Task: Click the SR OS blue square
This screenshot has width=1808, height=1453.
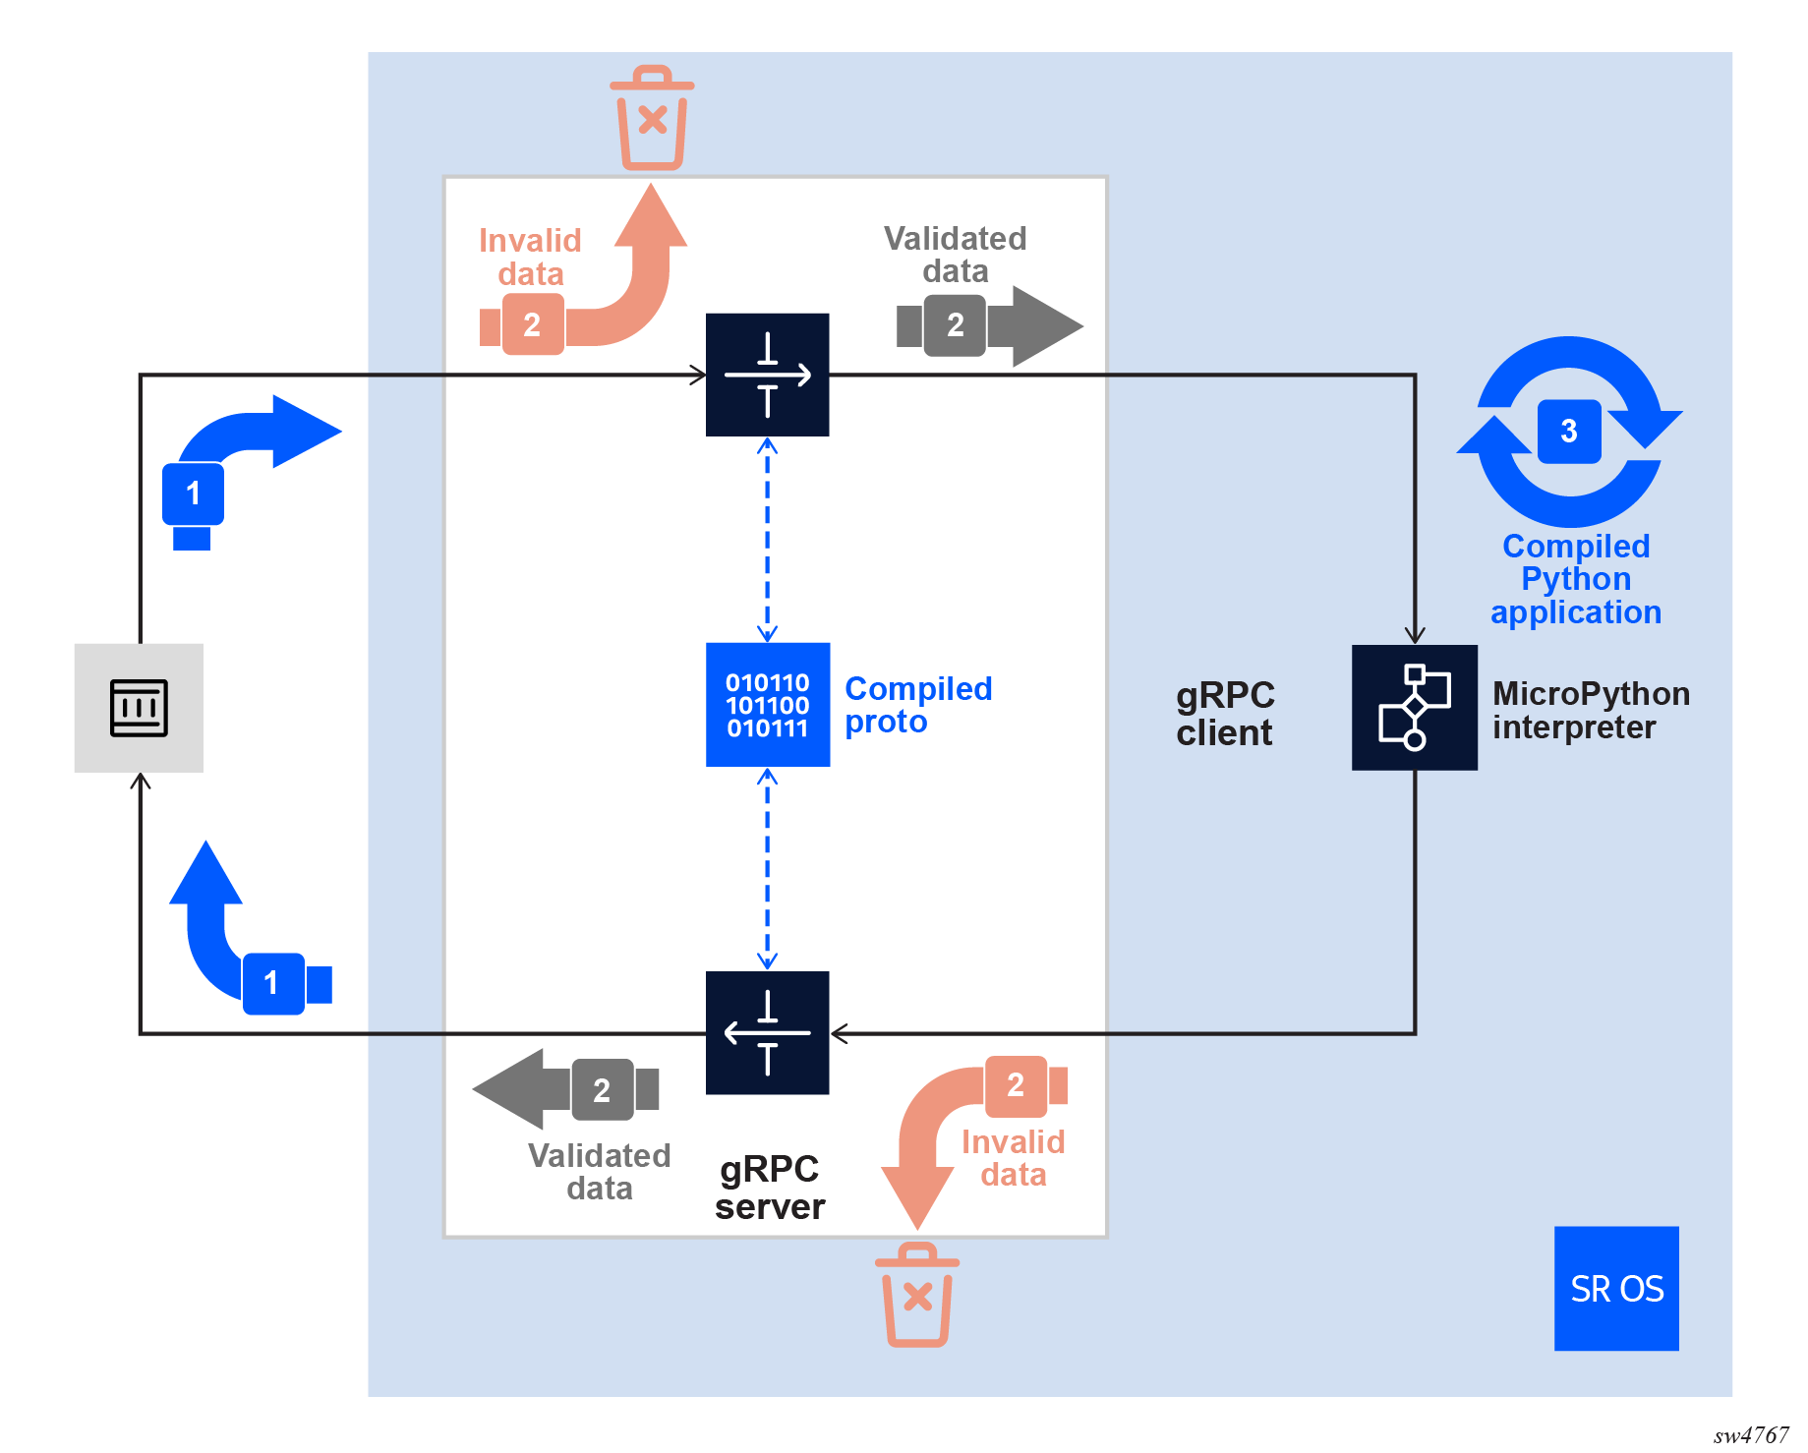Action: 1615,1288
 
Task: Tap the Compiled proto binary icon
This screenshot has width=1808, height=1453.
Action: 768,705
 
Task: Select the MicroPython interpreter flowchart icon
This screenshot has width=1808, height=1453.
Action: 1414,707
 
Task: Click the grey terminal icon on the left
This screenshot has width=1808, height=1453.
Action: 139,708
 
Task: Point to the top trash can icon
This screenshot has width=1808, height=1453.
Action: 652,118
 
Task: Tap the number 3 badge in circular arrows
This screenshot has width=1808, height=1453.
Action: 1569,431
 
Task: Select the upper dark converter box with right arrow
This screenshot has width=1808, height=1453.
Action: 768,375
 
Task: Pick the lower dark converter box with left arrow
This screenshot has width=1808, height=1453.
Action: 768,1032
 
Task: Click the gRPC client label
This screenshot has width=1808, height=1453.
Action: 1225,714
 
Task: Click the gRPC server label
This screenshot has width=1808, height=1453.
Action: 770,1188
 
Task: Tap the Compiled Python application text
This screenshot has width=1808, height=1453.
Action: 1576,579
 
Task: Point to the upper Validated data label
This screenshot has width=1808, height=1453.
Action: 955,255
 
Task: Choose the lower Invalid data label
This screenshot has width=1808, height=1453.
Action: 1013,1158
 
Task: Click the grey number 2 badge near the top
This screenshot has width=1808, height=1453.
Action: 955,325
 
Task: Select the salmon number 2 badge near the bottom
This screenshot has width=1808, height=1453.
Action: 1016,1085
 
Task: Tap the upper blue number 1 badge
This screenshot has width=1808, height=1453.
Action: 193,494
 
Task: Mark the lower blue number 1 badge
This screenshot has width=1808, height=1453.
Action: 271,983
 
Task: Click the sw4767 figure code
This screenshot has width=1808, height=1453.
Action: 1751,1435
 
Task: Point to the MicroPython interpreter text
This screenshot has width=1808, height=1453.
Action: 1591,711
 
